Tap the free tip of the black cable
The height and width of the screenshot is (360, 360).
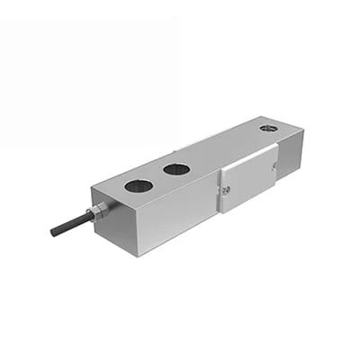[53, 232]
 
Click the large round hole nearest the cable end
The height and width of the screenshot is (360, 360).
[138, 186]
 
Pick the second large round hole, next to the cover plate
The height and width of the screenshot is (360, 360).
[176, 168]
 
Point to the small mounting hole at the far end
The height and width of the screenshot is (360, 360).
[268, 129]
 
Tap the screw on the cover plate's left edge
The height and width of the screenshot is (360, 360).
[225, 189]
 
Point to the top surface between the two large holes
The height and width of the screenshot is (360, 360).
[157, 178]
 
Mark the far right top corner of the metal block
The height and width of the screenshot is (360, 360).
[303, 130]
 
